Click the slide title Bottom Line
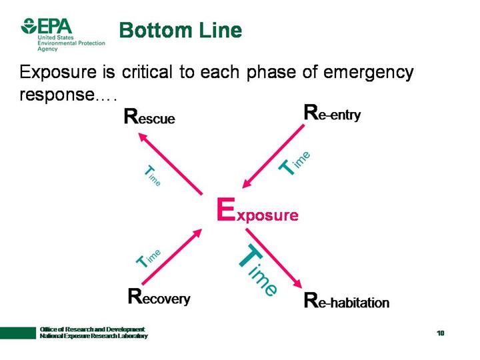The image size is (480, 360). click(x=180, y=31)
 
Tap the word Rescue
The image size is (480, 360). click(x=149, y=118)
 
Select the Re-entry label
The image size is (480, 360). click(x=332, y=113)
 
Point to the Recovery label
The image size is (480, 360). click(x=159, y=297)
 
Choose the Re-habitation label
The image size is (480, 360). click(x=346, y=301)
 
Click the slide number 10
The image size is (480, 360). click(x=441, y=333)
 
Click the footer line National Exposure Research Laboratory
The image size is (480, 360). click(x=93, y=336)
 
